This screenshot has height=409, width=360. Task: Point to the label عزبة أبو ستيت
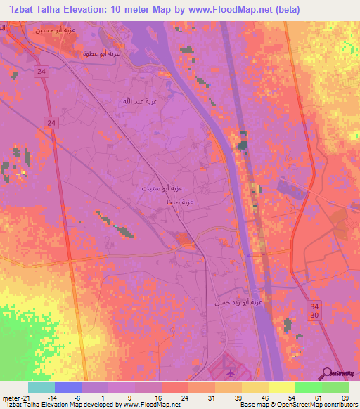[x=155, y=189]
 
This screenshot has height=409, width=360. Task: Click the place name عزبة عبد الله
[x=137, y=101]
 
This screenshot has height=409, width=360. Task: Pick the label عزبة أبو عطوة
[x=102, y=53]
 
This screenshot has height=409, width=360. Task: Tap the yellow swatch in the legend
[x=281, y=387]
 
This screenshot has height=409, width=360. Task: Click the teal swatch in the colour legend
[x=40, y=387]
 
